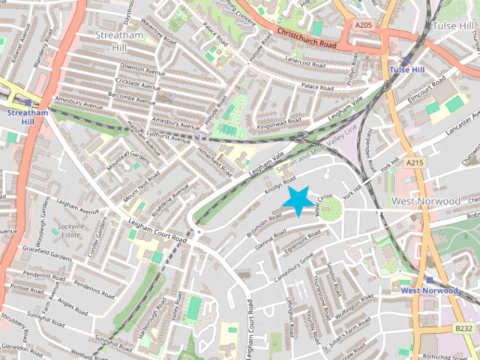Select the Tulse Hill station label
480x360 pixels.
click(406, 70)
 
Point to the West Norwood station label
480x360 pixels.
click(429, 289)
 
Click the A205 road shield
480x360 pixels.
click(363, 25)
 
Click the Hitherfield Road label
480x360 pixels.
click(216, 159)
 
